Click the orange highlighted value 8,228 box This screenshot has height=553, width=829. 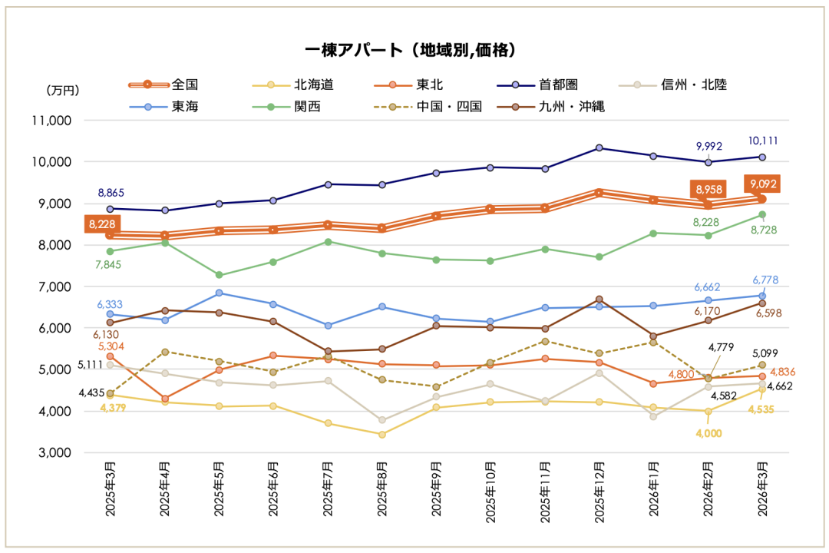pyautogui.click(x=103, y=224)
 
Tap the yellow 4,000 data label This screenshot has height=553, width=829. pyautogui.click(x=708, y=433)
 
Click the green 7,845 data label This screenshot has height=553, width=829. pyautogui.click(x=107, y=265)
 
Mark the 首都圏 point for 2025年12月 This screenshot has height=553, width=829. pyautogui.click(x=599, y=147)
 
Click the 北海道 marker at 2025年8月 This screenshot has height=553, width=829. pyautogui.click(x=382, y=434)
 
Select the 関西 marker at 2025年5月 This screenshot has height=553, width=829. pyautogui.click(x=219, y=275)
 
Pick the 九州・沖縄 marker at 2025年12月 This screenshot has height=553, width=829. pyautogui.click(x=599, y=299)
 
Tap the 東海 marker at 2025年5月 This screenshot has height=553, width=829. pyautogui.click(x=219, y=293)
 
